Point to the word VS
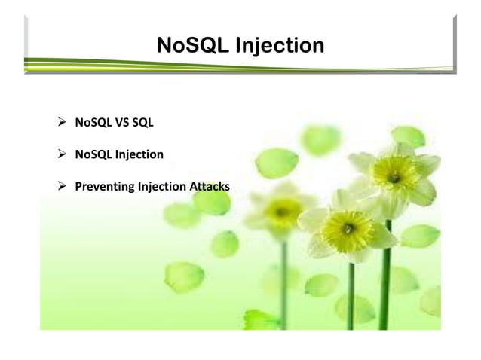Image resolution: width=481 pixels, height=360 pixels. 118,122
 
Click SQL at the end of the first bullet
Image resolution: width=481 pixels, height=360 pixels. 142,122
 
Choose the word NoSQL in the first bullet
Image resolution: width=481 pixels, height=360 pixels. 91,122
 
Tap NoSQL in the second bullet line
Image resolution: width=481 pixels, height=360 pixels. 91,154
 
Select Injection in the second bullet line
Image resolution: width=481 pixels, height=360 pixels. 138,154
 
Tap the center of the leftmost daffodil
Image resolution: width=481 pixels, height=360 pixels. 282,212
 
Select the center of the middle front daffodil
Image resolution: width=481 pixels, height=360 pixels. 348,227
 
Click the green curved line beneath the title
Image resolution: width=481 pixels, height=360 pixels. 226,66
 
